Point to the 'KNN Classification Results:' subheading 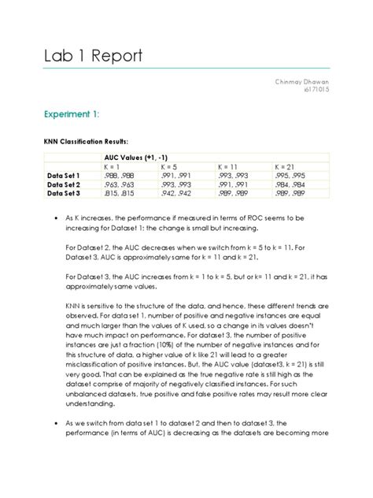[x=86, y=142]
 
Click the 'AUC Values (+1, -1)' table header [x=137, y=158]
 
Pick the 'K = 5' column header [x=171, y=167]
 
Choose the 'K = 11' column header [x=230, y=167]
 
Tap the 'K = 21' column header [x=286, y=167]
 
